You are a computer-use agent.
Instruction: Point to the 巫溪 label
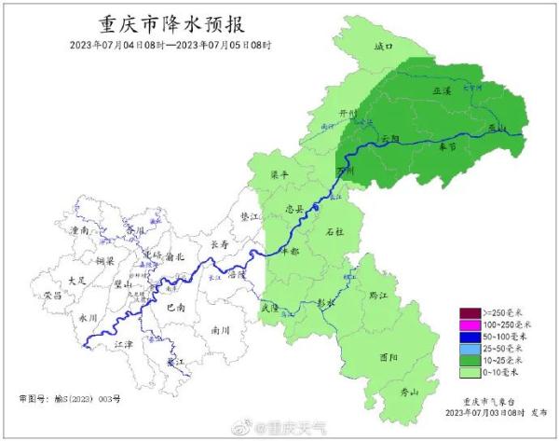(x=442, y=90)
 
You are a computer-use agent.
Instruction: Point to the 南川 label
(x=221, y=330)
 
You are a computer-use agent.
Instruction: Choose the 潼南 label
(x=79, y=229)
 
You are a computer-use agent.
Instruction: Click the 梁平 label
(x=280, y=174)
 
